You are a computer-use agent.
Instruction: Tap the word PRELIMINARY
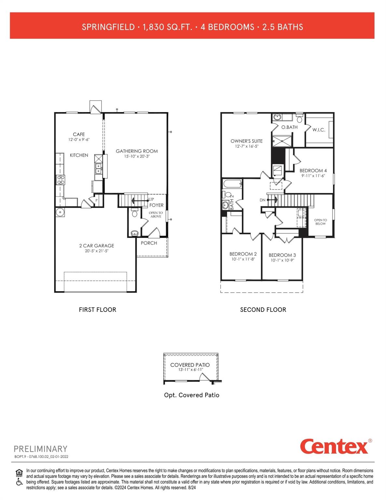tap(40, 449)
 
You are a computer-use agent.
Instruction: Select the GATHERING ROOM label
tap(137, 151)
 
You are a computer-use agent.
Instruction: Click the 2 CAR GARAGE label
tap(97, 246)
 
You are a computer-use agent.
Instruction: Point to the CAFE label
tap(79, 134)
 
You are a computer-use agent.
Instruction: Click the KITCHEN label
tap(79, 155)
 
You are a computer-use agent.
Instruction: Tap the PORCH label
tap(149, 243)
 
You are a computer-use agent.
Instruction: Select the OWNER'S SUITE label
tap(246, 141)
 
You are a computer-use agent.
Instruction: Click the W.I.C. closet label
tap(319, 130)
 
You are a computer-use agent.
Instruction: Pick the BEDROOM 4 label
tap(313, 171)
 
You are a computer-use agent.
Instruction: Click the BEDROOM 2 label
tap(243, 254)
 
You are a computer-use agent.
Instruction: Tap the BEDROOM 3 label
tap(282, 255)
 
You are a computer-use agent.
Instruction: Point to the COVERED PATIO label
tap(190, 365)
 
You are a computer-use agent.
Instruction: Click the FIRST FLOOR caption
tap(97, 310)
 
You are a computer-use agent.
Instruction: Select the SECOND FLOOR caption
tap(263, 310)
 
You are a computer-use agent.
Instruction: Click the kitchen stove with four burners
tap(61, 180)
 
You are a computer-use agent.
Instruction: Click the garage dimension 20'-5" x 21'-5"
tap(97, 251)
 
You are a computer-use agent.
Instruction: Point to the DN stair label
tap(262, 200)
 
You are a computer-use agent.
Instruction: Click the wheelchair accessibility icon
tap(20, 482)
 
